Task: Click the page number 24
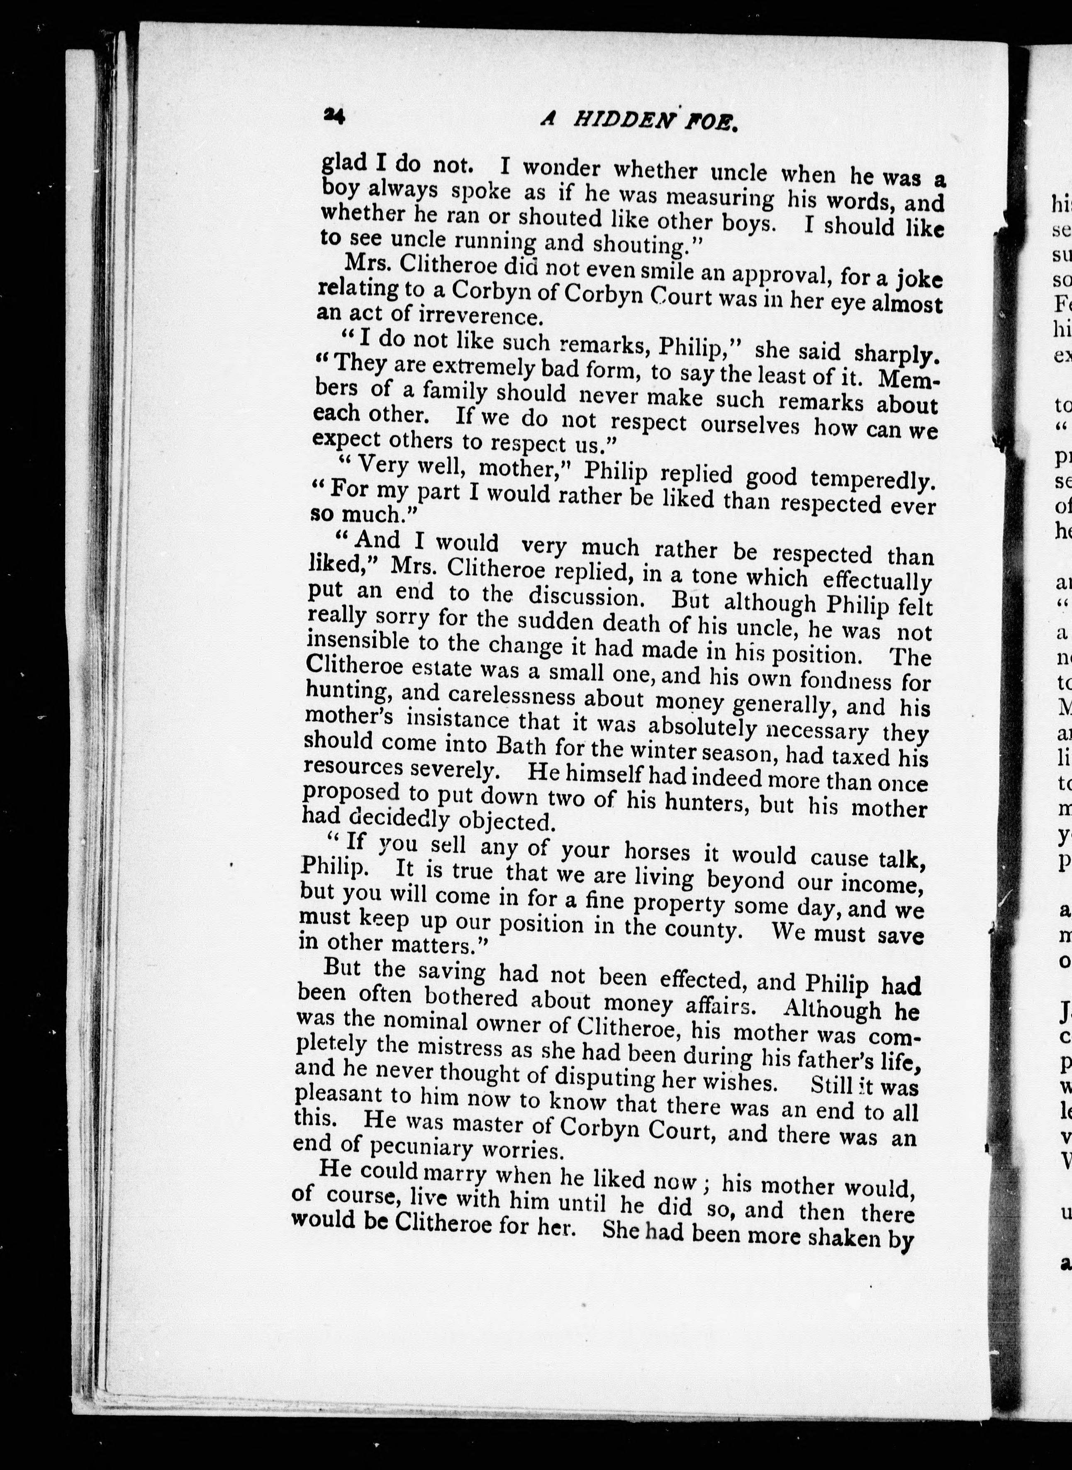(335, 117)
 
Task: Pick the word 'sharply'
(896, 354)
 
